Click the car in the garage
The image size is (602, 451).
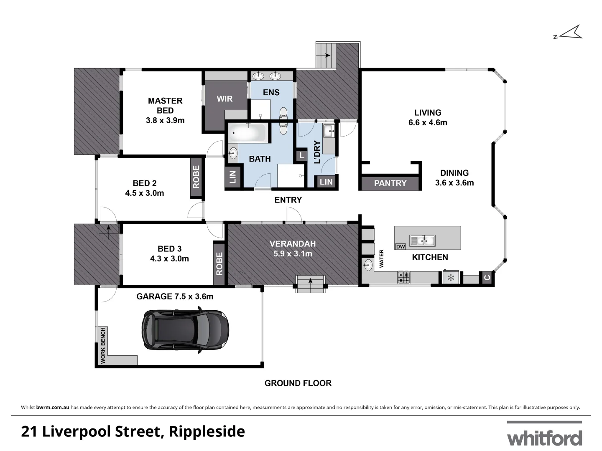point(185,330)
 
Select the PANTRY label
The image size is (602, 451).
point(390,183)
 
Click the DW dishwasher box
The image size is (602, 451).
point(400,246)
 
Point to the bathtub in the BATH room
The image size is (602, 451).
point(247,133)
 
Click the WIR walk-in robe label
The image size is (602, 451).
point(224,99)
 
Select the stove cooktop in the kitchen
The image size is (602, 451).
point(403,277)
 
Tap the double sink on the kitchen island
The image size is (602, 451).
point(423,241)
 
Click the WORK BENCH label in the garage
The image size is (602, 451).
point(103,345)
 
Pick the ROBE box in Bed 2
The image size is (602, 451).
point(196,177)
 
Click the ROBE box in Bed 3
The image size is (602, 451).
point(219,264)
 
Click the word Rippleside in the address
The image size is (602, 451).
point(207,431)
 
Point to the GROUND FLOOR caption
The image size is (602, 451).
point(298,383)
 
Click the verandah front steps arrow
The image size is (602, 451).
point(310,281)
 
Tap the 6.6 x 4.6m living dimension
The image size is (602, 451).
point(427,123)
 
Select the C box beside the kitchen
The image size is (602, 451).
point(487,277)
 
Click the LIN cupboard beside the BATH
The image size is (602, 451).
point(233,177)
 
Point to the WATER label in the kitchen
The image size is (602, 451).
point(381,258)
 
